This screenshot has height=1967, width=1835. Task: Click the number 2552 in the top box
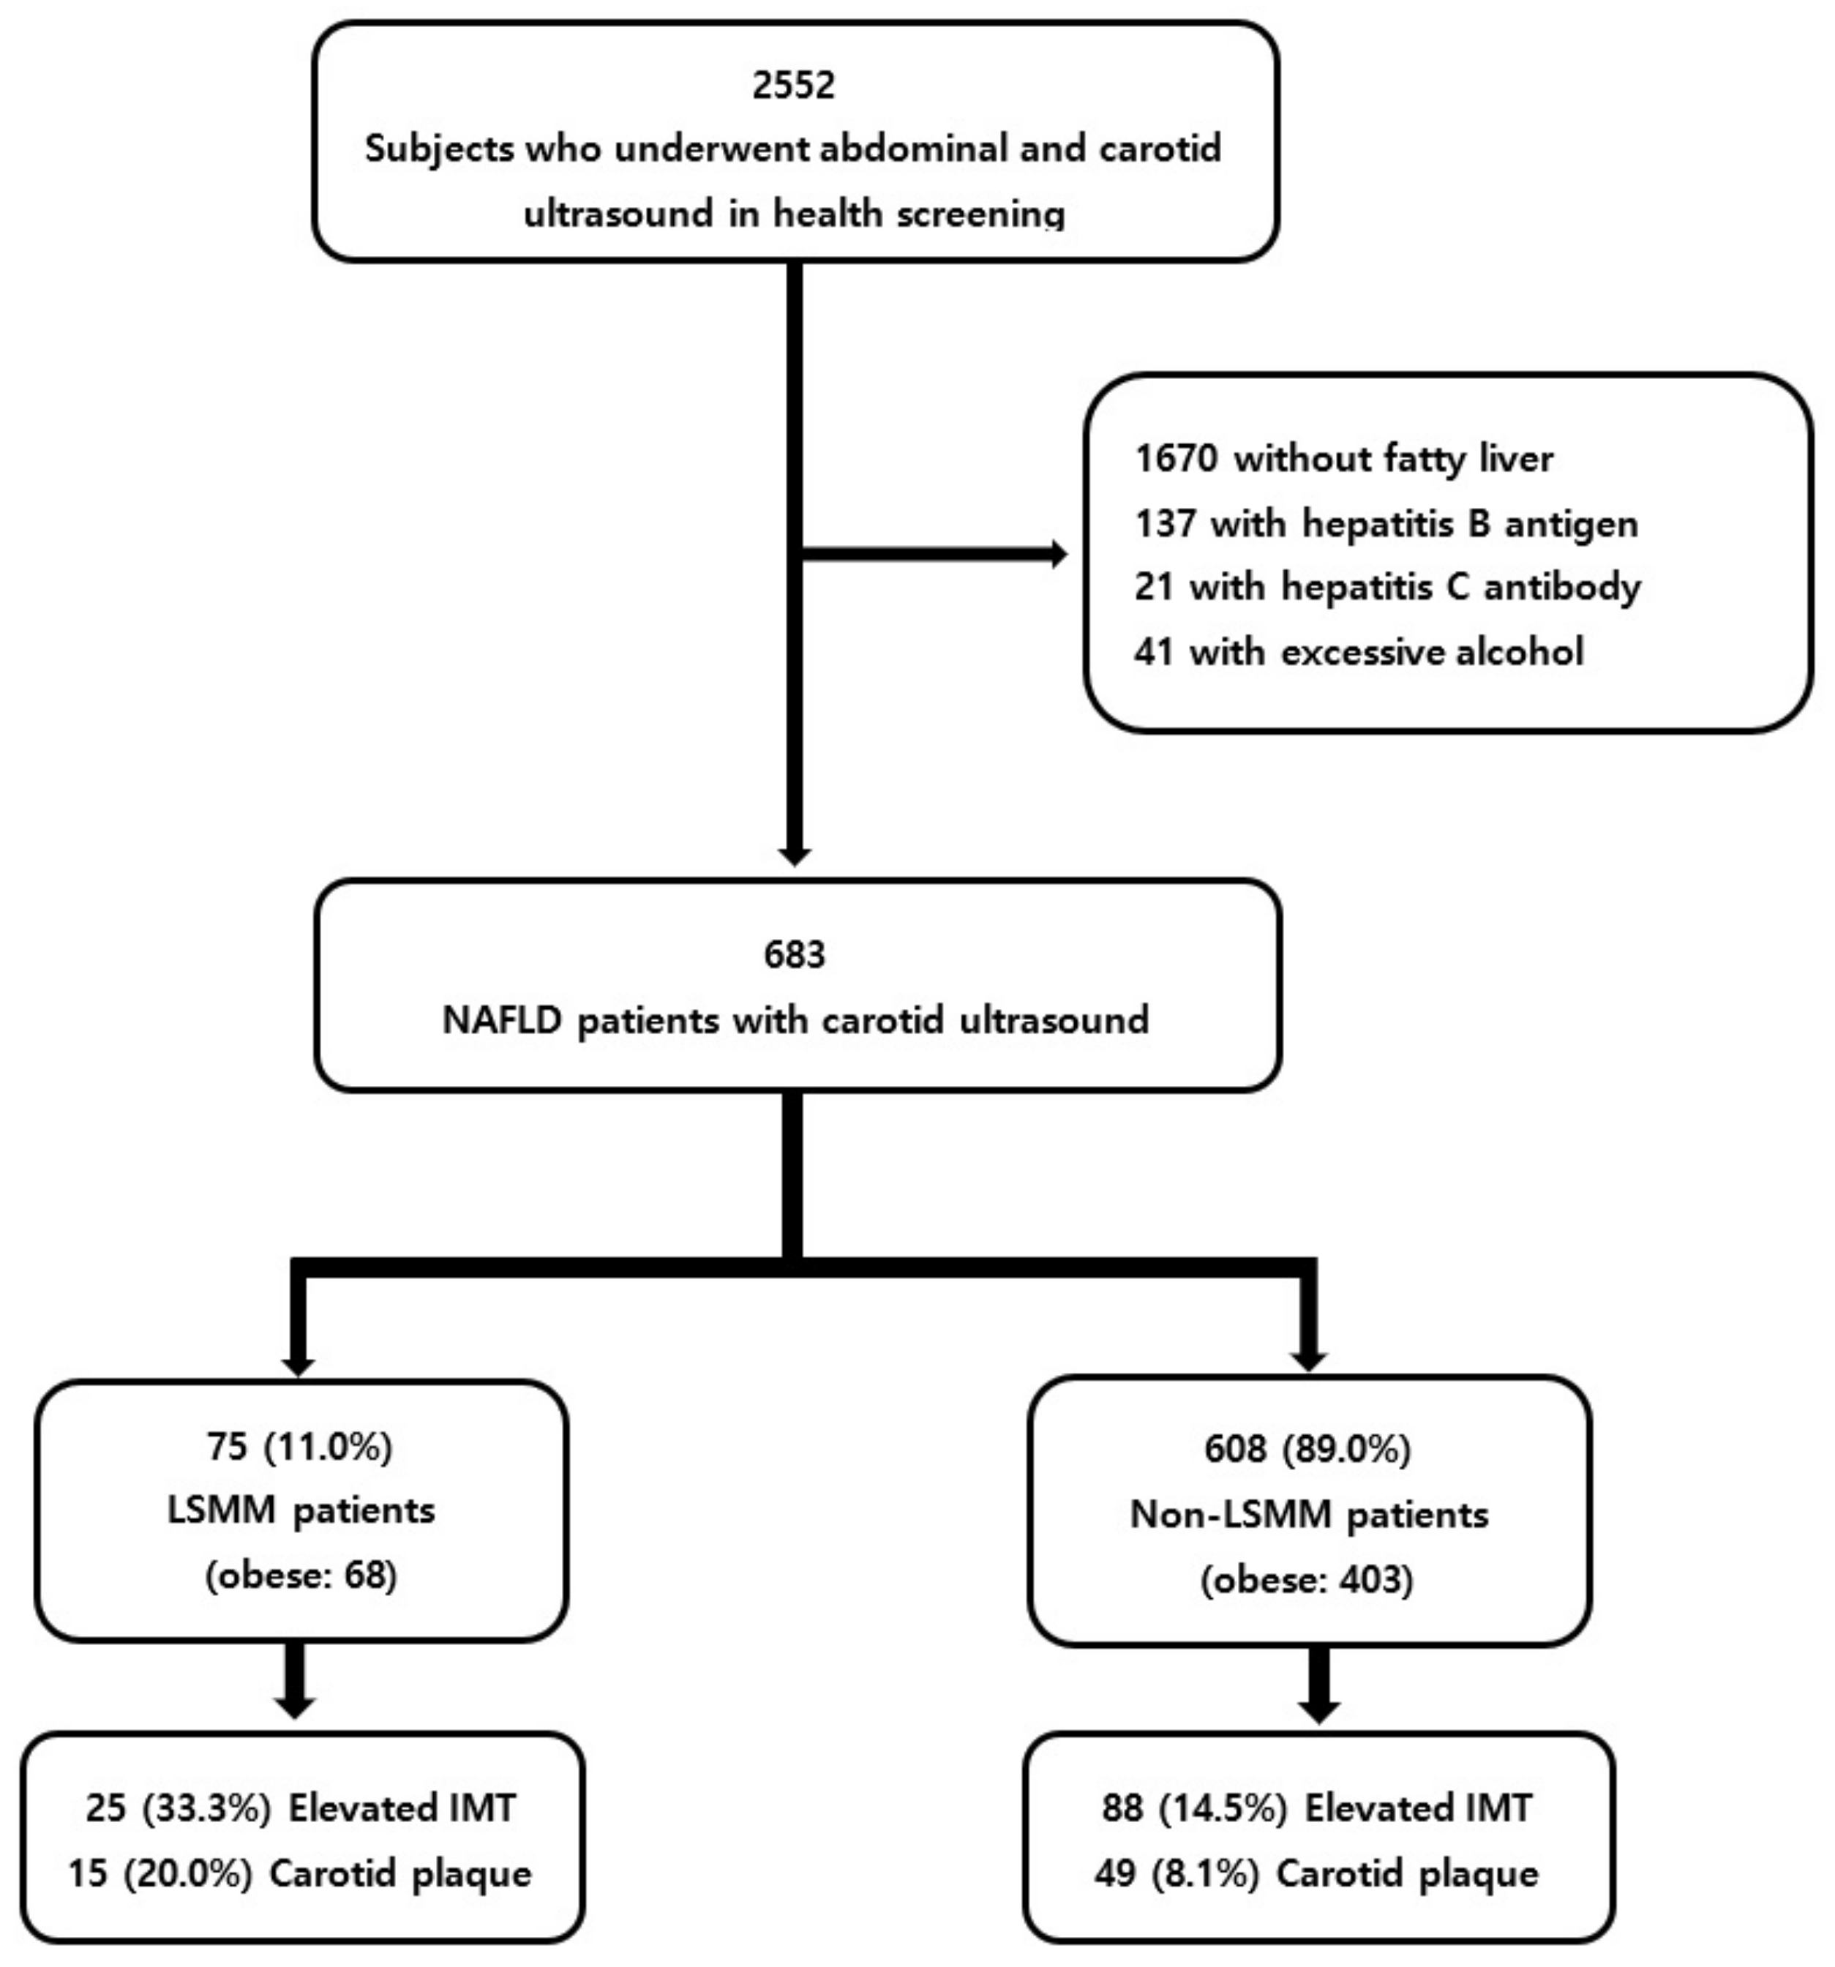point(792,84)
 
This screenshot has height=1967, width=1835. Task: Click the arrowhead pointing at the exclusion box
point(1059,554)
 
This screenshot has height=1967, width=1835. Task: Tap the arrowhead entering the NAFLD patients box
point(793,856)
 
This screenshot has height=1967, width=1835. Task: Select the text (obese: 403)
point(1307,1579)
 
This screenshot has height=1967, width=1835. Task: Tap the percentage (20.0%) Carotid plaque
point(188,1873)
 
